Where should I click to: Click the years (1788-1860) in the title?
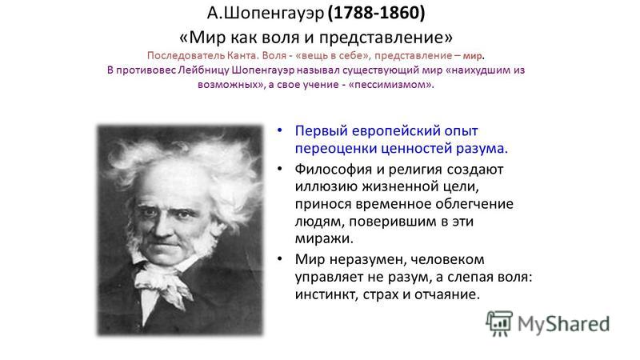click(x=376, y=13)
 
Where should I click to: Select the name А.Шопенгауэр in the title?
click(x=266, y=14)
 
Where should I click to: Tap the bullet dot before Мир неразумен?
click(x=279, y=258)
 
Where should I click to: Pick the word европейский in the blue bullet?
click(x=395, y=131)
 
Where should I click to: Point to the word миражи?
click(x=324, y=238)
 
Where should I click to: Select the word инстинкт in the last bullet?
click(x=325, y=294)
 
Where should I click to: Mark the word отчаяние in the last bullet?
click(x=447, y=294)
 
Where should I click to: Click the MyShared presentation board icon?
click(x=499, y=324)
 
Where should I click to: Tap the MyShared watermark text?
click(x=563, y=324)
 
